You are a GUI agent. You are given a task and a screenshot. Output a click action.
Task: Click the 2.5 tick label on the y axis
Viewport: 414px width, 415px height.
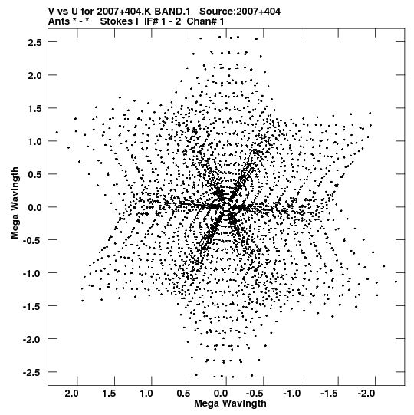(x=35, y=42)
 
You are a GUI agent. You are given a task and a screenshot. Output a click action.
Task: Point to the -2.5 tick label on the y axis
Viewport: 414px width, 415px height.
(x=32, y=372)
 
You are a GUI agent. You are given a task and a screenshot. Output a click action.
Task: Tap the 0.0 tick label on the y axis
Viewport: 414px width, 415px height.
(x=35, y=207)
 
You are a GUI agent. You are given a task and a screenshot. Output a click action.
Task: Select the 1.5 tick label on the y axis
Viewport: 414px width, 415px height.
(x=35, y=108)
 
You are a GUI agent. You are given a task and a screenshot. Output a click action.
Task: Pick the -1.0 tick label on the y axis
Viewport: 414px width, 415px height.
(x=32, y=273)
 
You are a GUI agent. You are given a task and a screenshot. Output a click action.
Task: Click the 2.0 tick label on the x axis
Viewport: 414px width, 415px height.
(x=72, y=394)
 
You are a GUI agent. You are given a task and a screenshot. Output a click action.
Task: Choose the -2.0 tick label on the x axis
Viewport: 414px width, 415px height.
(x=366, y=394)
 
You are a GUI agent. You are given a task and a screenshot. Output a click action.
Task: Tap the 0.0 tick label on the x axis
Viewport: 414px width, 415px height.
(x=221, y=394)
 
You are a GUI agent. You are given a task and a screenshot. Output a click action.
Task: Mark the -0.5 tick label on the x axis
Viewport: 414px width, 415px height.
(x=255, y=394)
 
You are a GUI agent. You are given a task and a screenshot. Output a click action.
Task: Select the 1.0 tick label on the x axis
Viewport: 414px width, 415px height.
(x=146, y=394)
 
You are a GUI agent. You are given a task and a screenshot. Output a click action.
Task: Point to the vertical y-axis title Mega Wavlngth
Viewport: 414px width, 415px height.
(x=15, y=203)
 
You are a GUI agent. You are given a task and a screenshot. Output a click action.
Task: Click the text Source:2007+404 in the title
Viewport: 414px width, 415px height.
(x=240, y=12)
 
